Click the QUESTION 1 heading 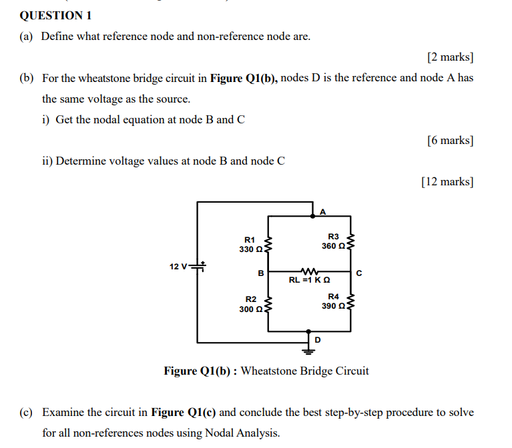[x=56, y=15]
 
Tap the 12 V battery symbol [x=198, y=266]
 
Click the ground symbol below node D [x=308, y=345]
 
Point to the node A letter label [x=322, y=212]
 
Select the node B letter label [x=260, y=273]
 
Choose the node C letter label [x=359, y=273]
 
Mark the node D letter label [x=317, y=340]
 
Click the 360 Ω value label [x=333, y=246]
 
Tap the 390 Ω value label [x=333, y=306]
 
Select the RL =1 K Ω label [x=307, y=281]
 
